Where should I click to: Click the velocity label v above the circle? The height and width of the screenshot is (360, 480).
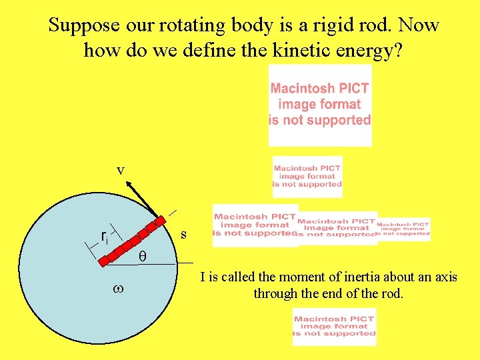[x=120, y=170]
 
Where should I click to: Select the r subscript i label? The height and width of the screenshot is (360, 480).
[x=105, y=237]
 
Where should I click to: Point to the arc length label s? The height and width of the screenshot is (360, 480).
[x=183, y=235]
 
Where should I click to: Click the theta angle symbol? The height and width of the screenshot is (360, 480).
[x=141, y=256]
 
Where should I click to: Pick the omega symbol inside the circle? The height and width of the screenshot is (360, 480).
[x=117, y=289]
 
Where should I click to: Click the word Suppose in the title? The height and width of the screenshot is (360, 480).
[x=84, y=25]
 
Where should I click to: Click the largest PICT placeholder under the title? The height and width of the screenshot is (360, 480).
[x=319, y=105]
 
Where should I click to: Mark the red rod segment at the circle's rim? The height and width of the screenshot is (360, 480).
[x=161, y=221]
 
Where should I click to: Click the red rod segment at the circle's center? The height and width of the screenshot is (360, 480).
[x=104, y=261]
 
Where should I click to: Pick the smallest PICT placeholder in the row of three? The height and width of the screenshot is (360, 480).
[x=404, y=229]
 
